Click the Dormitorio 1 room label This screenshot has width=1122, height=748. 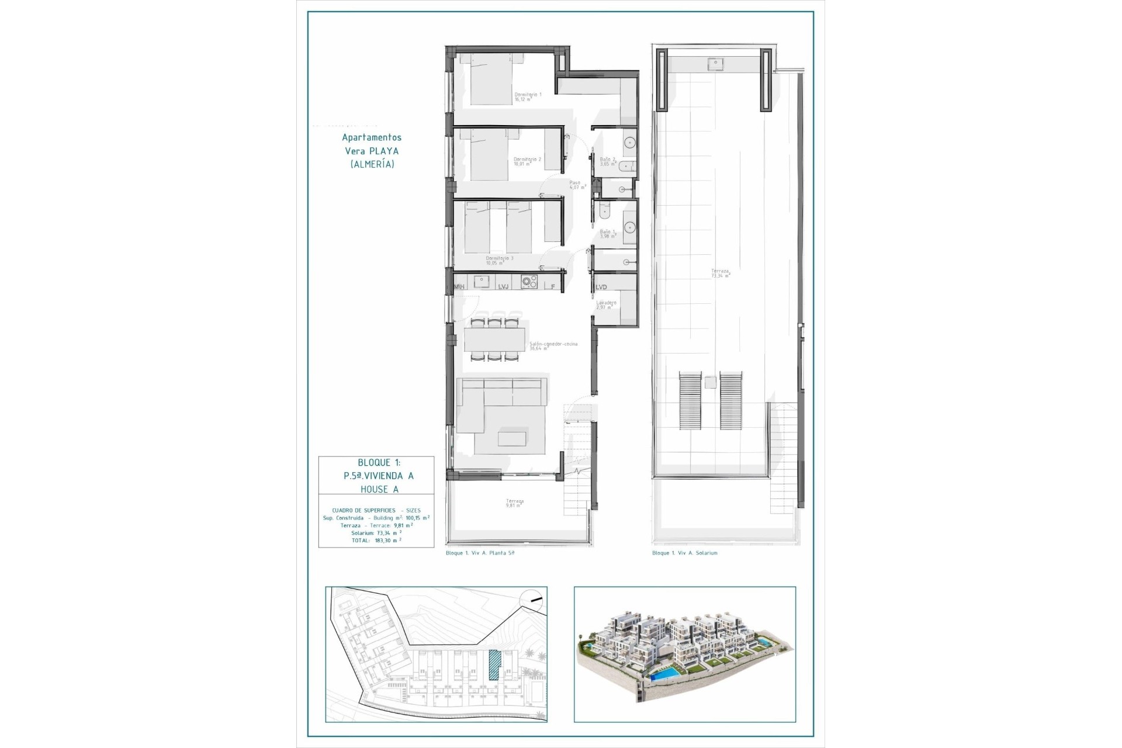(x=528, y=97)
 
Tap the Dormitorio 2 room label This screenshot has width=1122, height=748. (x=527, y=161)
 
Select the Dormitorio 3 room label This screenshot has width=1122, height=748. (x=500, y=260)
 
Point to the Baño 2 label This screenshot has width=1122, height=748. (x=608, y=161)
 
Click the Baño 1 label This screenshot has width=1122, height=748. (x=608, y=234)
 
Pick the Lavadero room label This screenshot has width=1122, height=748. (x=606, y=304)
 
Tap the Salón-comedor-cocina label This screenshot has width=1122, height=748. (x=553, y=346)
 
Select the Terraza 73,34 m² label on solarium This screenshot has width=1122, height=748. (x=720, y=273)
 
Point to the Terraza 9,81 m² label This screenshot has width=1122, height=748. (x=515, y=503)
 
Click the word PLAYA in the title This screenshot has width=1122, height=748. (x=383, y=151)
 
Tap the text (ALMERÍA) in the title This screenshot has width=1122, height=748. (x=372, y=164)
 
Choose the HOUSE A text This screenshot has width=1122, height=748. (x=379, y=490)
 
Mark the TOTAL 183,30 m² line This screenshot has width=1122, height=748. (x=376, y=541)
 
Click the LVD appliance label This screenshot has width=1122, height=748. (x=601, y=287)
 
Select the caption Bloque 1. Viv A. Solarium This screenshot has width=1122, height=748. (x=684, y=553)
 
